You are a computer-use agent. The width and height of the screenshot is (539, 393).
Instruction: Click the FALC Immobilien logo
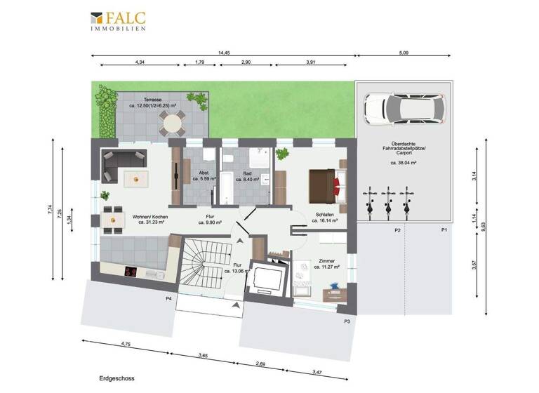click(118, 21)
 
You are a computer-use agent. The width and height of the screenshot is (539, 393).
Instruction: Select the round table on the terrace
click(171, 126)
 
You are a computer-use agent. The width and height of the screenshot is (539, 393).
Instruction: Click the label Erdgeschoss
click(117, 378)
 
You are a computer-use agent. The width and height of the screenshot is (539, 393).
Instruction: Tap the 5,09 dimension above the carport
click(402, 52)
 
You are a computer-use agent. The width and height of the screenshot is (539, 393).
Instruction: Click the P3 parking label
click(347, 321)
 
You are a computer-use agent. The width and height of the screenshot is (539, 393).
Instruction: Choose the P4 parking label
click(168, 299)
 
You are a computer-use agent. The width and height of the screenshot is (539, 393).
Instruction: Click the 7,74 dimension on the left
click(51, 208)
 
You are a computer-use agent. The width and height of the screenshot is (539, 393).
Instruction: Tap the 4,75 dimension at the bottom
click(126, 345)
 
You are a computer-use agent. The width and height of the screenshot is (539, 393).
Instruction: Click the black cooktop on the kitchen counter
click(131, 272)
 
